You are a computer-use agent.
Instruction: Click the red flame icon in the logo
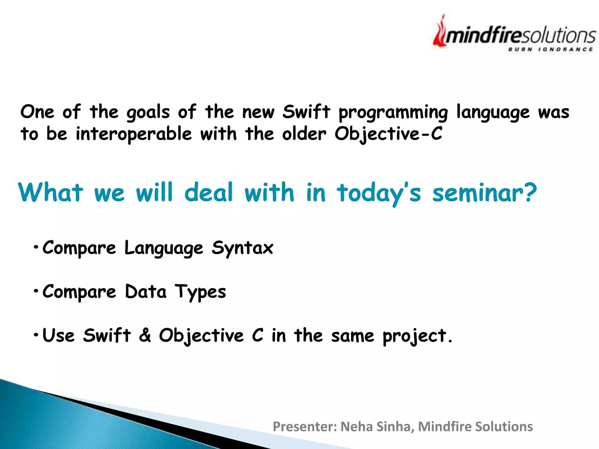(x=439, y=33)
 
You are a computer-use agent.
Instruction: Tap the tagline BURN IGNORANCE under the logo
(x=550, y=49)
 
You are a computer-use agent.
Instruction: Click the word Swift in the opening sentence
(x=306, y=112)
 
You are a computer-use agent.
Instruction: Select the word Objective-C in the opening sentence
(x=388, y=134)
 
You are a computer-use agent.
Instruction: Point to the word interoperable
(x=134, y=134)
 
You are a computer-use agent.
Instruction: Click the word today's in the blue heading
(x=379, y=193)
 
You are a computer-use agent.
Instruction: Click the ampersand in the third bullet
(x=145, y=335)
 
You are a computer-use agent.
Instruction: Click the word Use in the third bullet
(x=58, y=335)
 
